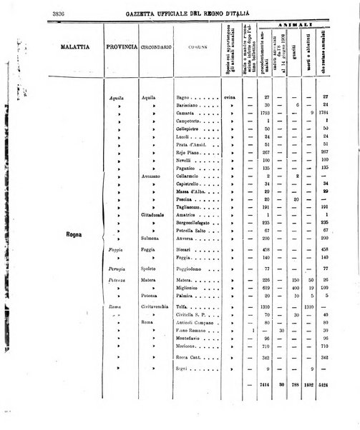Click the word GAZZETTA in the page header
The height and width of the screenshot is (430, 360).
(x=146, y=14)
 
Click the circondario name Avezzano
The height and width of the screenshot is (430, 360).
(x=153, y=176)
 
